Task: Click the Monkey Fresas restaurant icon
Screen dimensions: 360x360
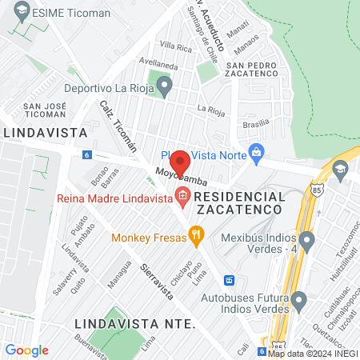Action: [195, 234]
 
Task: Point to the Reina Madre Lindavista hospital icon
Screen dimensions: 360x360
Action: [182, 195]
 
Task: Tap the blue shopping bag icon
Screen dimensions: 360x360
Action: [256, 151]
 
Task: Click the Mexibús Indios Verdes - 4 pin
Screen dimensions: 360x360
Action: [306, 238]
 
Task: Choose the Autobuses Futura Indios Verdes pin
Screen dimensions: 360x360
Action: [299, 301]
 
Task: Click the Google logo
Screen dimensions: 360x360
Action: [26, 350]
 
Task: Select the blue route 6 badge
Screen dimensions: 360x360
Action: [86, 154]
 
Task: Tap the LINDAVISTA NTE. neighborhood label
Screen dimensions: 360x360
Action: [134, 324]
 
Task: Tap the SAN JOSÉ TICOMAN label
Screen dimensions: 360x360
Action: [44, 110]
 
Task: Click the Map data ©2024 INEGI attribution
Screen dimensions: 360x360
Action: [313, 353]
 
